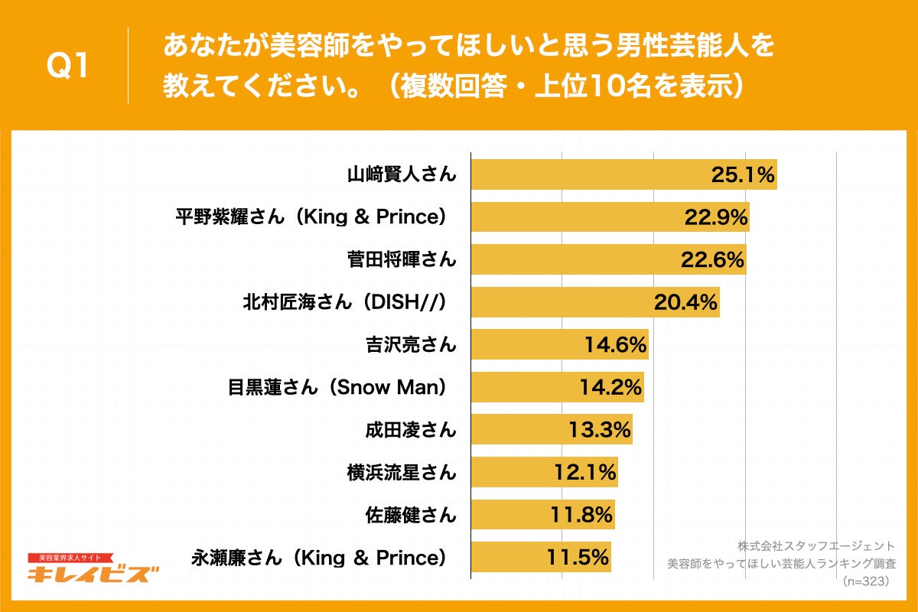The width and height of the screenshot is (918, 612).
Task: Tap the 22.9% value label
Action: tap(715, 217)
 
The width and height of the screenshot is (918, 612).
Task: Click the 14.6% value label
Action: tap(616, 345)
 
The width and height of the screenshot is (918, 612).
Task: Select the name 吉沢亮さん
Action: tap(411, 345)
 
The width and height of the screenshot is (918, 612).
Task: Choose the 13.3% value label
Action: tap(600, 430)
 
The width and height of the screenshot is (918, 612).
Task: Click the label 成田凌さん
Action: tap(411, 430)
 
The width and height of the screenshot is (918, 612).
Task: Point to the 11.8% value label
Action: tap(581, 515)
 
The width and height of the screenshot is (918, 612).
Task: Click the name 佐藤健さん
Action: tap(411, 515)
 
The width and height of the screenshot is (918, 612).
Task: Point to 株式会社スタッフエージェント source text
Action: tap(815, 546)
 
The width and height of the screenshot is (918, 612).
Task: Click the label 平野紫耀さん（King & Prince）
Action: tap(311, 217)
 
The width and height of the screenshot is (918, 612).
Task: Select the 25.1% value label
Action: tap(743, 175)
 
